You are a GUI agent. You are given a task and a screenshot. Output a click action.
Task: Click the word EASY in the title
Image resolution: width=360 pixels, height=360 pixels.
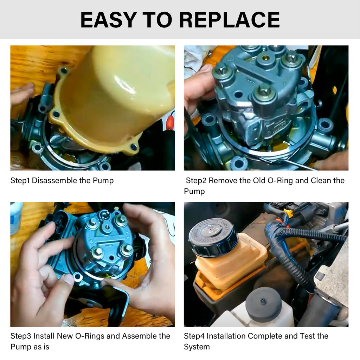(109, 20)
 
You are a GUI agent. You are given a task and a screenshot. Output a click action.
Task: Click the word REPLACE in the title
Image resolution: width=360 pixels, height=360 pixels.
(229, 20)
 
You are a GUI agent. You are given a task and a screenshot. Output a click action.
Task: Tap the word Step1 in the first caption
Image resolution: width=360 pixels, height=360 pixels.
(20, 181)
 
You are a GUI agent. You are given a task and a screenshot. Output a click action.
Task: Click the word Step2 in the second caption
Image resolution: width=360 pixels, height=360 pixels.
(196, 181)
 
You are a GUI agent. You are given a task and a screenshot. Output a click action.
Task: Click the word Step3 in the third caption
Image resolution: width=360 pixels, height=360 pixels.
(21, 336)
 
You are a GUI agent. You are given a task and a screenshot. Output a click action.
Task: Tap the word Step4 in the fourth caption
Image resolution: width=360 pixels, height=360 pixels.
(194, 336)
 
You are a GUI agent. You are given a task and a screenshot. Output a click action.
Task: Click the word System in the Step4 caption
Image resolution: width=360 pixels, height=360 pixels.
(197, 347)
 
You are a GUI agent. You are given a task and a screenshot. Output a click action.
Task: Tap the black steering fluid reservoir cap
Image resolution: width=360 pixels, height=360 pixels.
(213, 237)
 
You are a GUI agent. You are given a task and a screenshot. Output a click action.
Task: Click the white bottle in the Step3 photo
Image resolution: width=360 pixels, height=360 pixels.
(16, 218)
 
